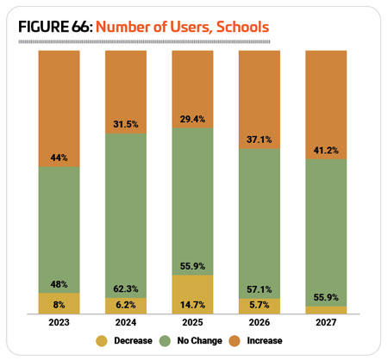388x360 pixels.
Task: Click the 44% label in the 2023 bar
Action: click(x=59, y=158)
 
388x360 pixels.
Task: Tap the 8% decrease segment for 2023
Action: click(x=59, y=303)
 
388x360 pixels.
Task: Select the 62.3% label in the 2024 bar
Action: click(x=126, y=289)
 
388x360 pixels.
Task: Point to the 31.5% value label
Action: click(x=126, y=124)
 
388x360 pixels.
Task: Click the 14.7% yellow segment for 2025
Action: click(x=192, y=295)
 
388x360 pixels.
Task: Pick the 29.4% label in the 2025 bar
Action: click(x=192, y=119)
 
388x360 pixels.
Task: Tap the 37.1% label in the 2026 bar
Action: click(x=260, y=140)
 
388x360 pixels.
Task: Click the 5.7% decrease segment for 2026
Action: click(x=260, y=307)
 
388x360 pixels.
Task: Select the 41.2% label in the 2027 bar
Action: click(x=326, y=150)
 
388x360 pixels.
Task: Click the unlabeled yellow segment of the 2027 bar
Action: click(x=326, y=310)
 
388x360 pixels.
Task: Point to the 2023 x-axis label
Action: click(x=59, y=322)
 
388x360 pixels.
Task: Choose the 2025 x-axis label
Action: click(x=192, y=322)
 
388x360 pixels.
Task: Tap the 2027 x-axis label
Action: click(x=326, y=322)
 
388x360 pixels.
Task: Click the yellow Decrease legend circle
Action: click(x=102, y=341)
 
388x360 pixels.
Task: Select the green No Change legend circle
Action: click(x=165, y=341)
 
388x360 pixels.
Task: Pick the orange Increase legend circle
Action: click(x=235, y=341)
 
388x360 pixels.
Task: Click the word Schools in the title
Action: click(x=242, y=27)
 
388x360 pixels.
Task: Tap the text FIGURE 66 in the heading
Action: click(x=54, y=27)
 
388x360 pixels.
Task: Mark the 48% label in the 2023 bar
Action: click(x=59, y=284)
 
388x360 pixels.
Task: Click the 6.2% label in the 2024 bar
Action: click(x=126, y=305)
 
